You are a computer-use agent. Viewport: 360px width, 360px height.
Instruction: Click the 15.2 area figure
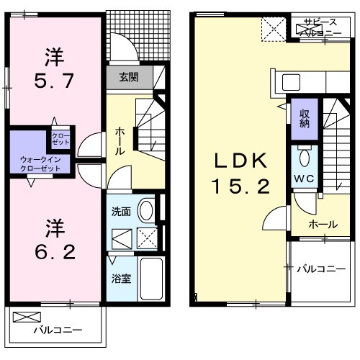241,187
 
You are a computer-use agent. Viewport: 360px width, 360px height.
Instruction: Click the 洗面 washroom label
120,212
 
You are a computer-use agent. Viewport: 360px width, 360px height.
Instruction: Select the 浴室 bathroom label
120,279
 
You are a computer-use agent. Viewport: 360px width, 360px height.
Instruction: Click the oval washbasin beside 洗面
145,210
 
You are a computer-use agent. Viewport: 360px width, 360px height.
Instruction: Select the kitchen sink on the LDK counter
293,81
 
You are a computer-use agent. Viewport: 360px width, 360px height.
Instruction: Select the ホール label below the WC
323,225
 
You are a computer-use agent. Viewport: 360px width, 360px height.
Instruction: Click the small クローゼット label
59,138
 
